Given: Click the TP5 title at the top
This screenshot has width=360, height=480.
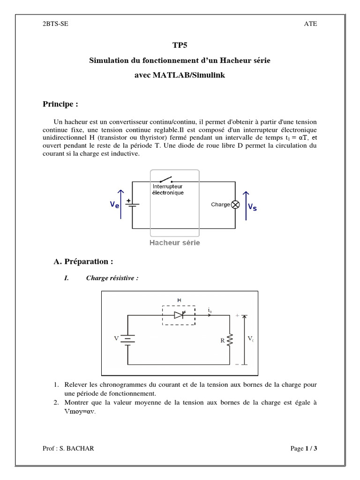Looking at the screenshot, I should [x=180, y=45].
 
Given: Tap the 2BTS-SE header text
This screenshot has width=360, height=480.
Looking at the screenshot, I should [x=55, y=24].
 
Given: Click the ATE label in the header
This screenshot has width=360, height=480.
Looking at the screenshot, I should [x=311, y=24].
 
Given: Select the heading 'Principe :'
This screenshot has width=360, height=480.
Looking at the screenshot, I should [x=60, y=104].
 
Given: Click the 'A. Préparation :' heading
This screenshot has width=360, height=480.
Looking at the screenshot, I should [x=83, y=261].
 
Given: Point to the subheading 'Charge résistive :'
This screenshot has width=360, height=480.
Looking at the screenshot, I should [x=112, y=278].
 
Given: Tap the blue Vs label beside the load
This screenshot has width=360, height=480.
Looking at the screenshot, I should [x=252, y=206].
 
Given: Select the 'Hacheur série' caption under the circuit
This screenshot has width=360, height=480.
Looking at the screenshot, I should [x=174, y=243].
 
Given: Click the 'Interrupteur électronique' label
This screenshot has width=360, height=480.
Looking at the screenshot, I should [x=168, y=189].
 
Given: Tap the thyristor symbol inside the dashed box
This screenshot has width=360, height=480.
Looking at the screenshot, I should [x=180, y=315].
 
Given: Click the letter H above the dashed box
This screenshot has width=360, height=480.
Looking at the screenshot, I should [x=179, y=300].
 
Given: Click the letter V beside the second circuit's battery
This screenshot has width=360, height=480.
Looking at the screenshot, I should [x=116, y=338].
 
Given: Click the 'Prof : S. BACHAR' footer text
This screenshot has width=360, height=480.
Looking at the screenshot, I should [x=68, y=449].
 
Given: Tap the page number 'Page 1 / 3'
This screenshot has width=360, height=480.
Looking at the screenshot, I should [x=304, y=449].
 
